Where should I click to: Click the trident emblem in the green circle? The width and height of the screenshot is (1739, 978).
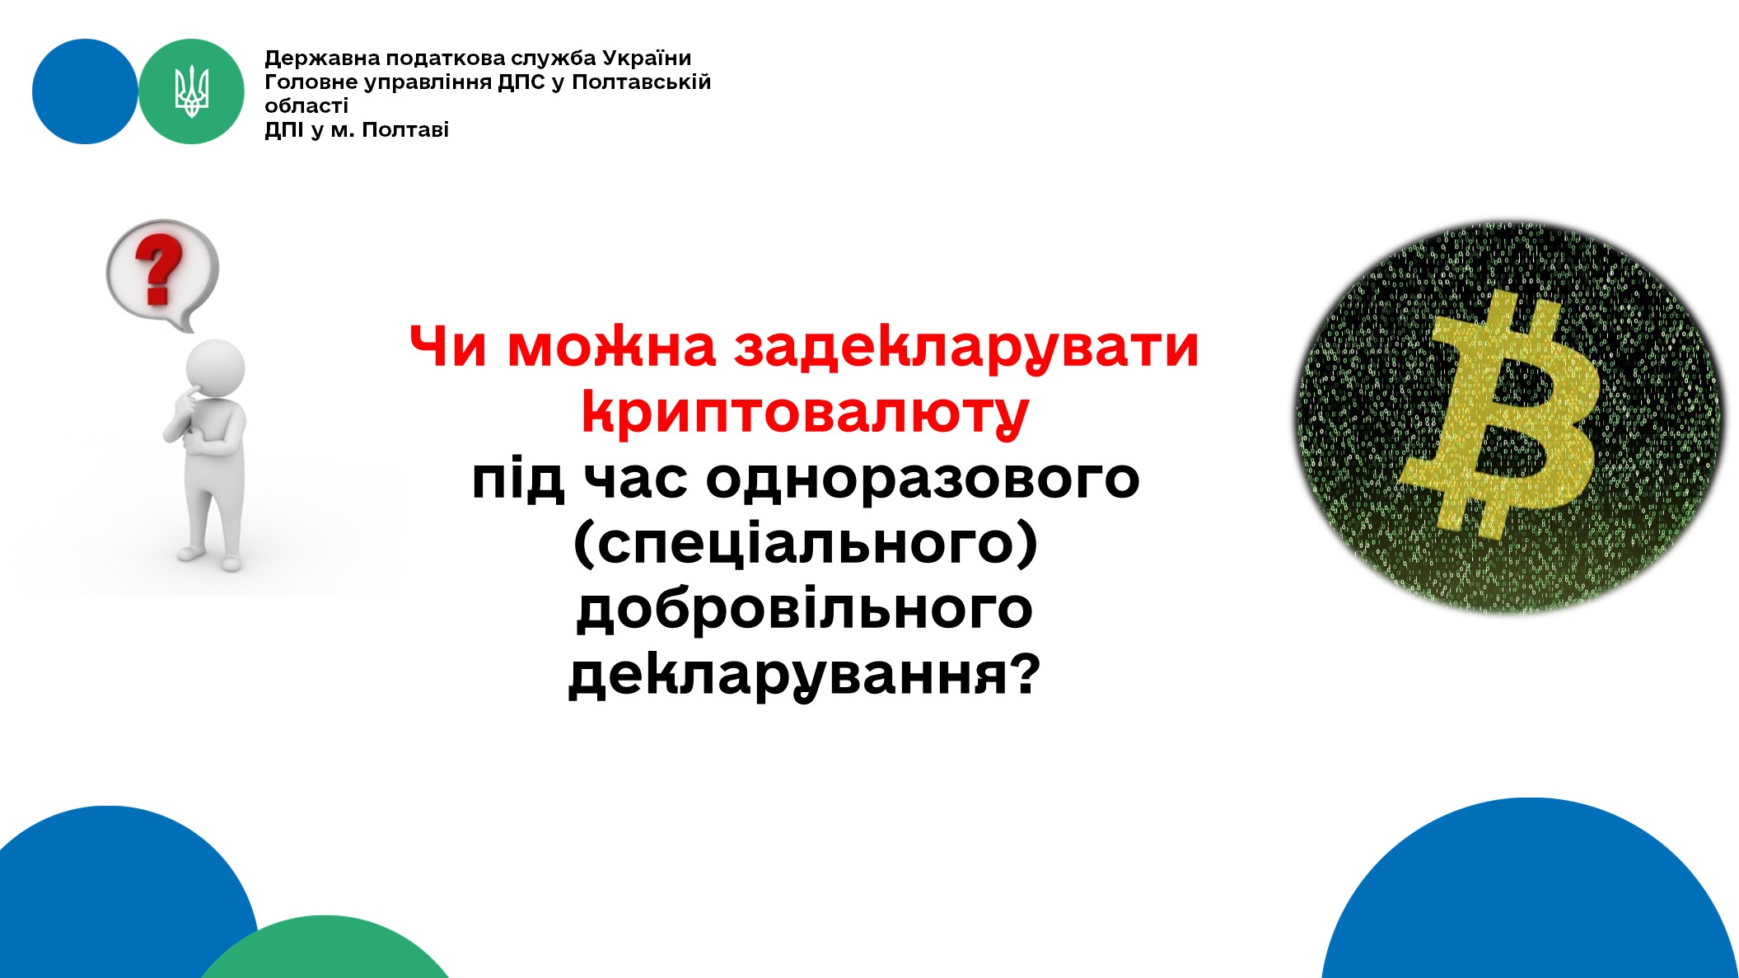(191, 91)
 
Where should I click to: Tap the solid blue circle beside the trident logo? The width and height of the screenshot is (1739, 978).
(85, 91)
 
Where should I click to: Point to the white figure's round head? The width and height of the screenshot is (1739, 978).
(216, 368)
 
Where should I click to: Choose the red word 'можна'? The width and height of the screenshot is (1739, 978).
(611, 347)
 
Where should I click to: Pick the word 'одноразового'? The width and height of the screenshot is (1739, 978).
(923, 479)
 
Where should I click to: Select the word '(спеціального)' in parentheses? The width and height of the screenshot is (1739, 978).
(805, 544)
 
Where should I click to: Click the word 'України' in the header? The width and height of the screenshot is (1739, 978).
(647, 58)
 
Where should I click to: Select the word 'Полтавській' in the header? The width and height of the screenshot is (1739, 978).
(641, 82)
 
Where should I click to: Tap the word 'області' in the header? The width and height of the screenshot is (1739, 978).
(306, 105)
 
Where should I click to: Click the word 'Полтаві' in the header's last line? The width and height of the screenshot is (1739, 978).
(405, 129)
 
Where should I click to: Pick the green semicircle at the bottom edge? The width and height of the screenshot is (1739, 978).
(325, 948)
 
